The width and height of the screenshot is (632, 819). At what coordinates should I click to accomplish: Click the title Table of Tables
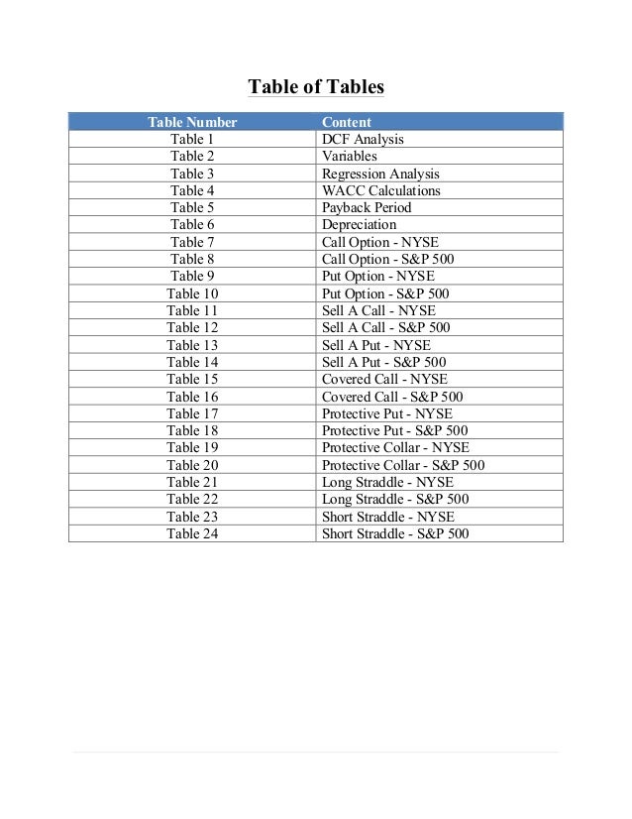click(x=315, y=87)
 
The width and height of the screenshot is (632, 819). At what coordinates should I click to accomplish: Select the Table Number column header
click(x=192, y=122)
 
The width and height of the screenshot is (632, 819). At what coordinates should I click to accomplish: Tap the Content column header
click(x=347, y=122)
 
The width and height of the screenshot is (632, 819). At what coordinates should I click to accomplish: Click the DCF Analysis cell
click(x=363, y=140)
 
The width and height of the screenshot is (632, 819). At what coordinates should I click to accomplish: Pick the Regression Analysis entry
click(x=380, y=174)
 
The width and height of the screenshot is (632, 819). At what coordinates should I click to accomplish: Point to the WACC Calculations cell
click(x=381, y=190)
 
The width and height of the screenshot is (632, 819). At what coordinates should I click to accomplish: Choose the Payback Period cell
click(x=367, y=208)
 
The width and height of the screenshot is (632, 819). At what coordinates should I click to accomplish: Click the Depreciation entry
click(x=359, y=225)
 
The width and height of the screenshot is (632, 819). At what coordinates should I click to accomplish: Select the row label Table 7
click(x=192, y=242)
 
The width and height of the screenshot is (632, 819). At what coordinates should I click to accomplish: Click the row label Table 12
click(x=192, y=327)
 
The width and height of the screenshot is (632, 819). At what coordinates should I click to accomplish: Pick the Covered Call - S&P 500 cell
click(x=392, y=397)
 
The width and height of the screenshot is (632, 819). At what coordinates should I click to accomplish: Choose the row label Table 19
click(x=192, y=448)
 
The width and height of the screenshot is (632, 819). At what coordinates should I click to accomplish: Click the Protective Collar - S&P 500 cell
click(x=403, y=465)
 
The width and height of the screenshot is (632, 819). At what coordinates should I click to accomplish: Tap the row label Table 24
click(x=192, y=533)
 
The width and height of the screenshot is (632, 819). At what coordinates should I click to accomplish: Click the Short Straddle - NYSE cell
click(x=388, y=517)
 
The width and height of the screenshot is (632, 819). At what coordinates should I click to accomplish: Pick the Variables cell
click(x=350, y=157)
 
